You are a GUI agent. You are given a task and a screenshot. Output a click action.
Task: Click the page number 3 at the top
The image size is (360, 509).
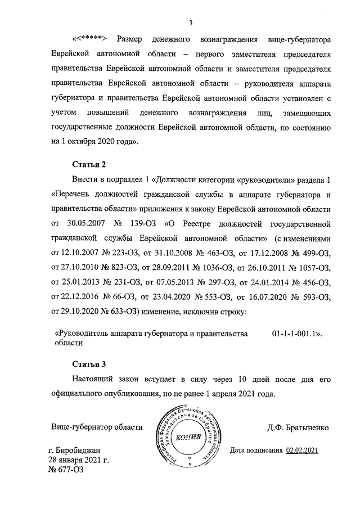190,23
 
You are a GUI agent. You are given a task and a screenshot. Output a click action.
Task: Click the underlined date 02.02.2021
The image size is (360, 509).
302,451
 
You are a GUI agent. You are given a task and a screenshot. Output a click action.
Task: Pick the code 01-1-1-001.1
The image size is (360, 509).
296,334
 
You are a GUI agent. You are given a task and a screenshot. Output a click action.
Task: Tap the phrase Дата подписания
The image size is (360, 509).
256,451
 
